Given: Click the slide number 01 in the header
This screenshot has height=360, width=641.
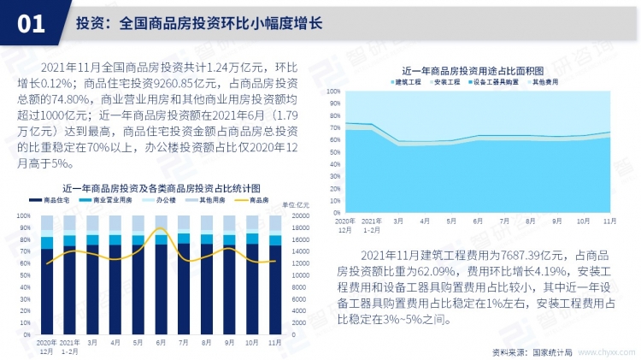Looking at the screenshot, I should [x=31, y=24].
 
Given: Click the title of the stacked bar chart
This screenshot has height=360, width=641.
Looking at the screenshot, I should [x=161, y=186].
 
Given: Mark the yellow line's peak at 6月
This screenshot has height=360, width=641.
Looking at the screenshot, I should [x=160, y=228].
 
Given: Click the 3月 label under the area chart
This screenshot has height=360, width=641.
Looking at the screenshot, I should [x=398, y=221].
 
